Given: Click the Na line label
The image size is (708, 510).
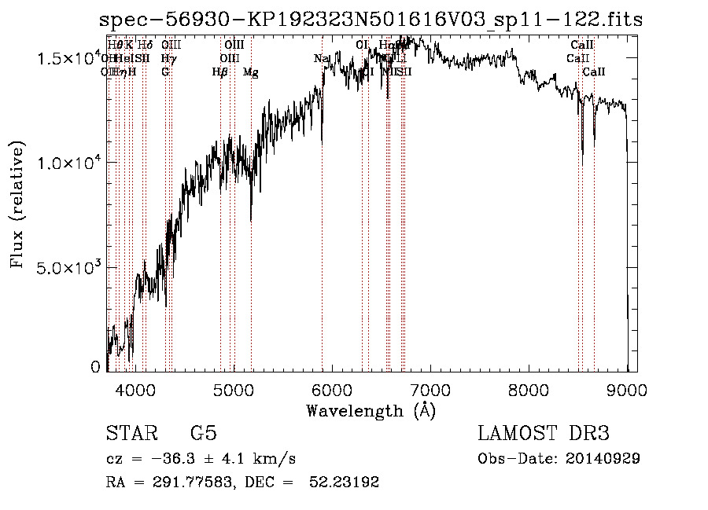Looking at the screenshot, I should click(320, 59).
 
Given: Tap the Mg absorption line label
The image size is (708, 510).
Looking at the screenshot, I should click(250, 72).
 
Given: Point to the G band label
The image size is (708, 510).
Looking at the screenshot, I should click(165, 72).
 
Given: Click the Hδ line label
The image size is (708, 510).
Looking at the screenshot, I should click(145, 46).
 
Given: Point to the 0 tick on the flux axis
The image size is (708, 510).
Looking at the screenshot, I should click(96, 367).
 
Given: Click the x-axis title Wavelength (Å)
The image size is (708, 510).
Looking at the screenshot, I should click(371, 410).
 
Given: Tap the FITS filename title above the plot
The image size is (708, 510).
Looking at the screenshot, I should click(372, 19).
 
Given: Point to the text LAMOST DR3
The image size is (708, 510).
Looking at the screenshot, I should click(544, 434).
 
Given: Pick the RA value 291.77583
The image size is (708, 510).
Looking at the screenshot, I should click(186, 482).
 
